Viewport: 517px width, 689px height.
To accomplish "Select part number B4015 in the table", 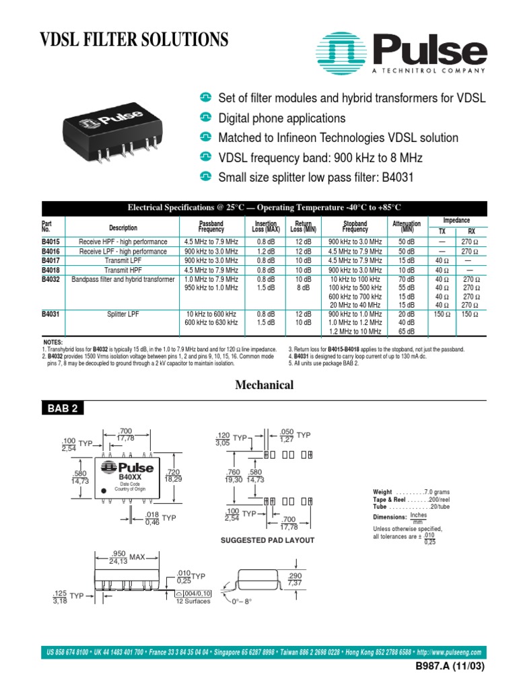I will point(50,241).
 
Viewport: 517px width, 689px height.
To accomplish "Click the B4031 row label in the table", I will point(50,314).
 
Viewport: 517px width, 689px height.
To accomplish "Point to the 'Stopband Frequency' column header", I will point(355,227).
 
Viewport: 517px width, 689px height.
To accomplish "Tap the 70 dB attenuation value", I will point(406,279).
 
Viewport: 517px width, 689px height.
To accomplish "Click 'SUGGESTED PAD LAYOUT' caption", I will point(267,540).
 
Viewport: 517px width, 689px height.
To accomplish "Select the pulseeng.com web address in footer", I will point(450,653).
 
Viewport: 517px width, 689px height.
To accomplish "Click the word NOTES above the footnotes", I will point(53,342).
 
